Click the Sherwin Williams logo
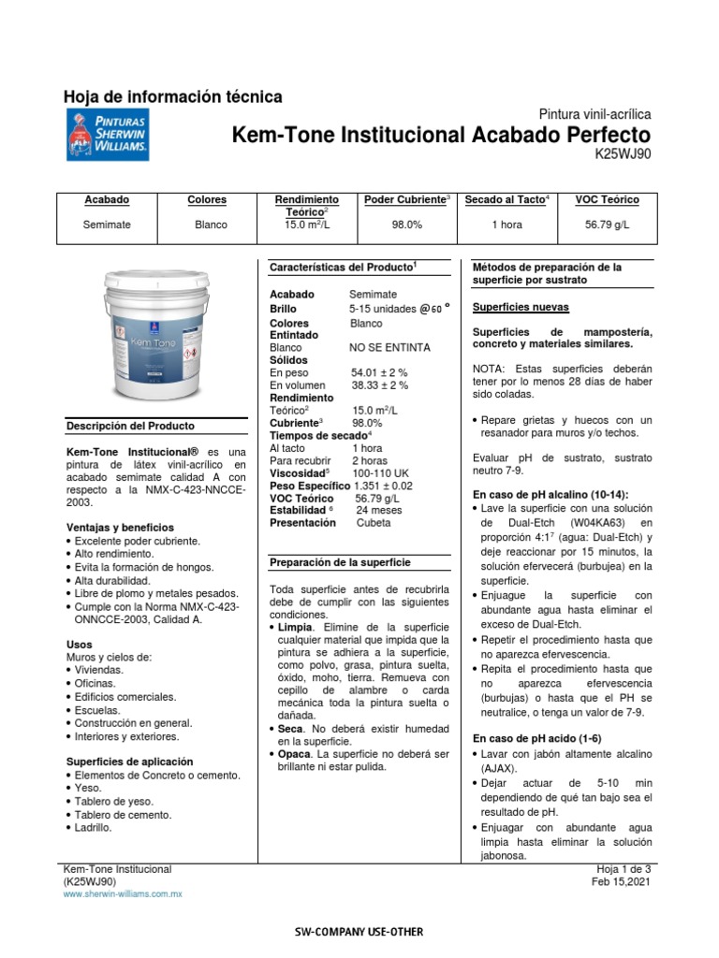tap(107, 133)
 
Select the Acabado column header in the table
tap(107, 200)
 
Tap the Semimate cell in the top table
tap(107, 225)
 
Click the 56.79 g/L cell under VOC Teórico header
tap(607, 225)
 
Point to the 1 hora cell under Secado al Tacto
tap(506, 225)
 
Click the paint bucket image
tap(155, 332)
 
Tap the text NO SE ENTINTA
tap(390, 347)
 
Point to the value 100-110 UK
tap(381, 473)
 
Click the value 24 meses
tap(378, 510)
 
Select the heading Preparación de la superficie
tap(334, 562)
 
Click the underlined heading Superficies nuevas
tap(521, 307)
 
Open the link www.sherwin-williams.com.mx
tap(122, 894)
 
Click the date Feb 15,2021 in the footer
tap(621, 882)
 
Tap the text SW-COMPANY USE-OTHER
tap(359, 932)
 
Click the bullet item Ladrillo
tap(93, 828)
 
